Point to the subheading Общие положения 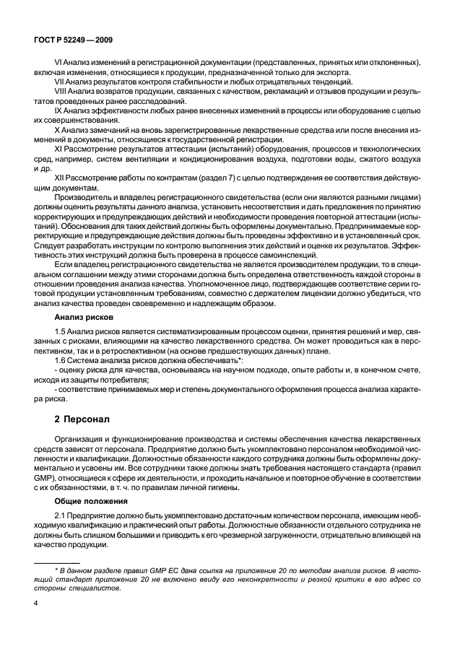coord(91,500)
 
